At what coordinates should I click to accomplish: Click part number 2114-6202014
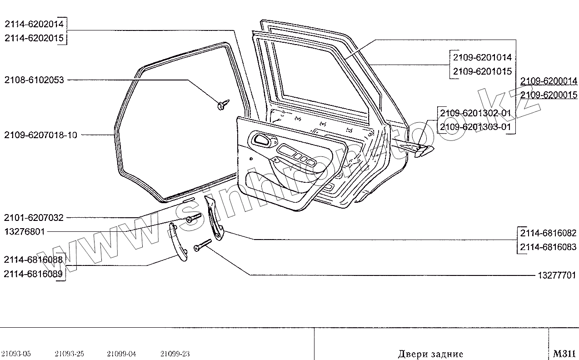click(35, 24)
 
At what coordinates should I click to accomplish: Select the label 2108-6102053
click(35, 80)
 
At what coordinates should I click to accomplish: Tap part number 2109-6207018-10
click(41, 135)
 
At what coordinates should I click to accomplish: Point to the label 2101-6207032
click(35, 218)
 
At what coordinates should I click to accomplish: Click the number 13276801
click(25, 232)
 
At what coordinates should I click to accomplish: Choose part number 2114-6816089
click(33, 274)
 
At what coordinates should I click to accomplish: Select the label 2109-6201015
click(482, 71)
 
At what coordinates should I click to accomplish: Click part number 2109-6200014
click(549, 81)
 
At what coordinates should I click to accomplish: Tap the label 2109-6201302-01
click(475, 113)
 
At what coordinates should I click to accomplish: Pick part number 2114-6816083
click(548, 247)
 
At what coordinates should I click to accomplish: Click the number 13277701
click(557, 275)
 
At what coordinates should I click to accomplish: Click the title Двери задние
click(430, 354)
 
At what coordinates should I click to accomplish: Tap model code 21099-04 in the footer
click(122, 354)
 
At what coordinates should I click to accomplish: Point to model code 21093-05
click(16, 354)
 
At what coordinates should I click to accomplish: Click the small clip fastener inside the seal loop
click(223, 105)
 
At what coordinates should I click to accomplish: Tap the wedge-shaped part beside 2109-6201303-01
click(423, 150)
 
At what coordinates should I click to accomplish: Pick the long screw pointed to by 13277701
click(202, 245)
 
